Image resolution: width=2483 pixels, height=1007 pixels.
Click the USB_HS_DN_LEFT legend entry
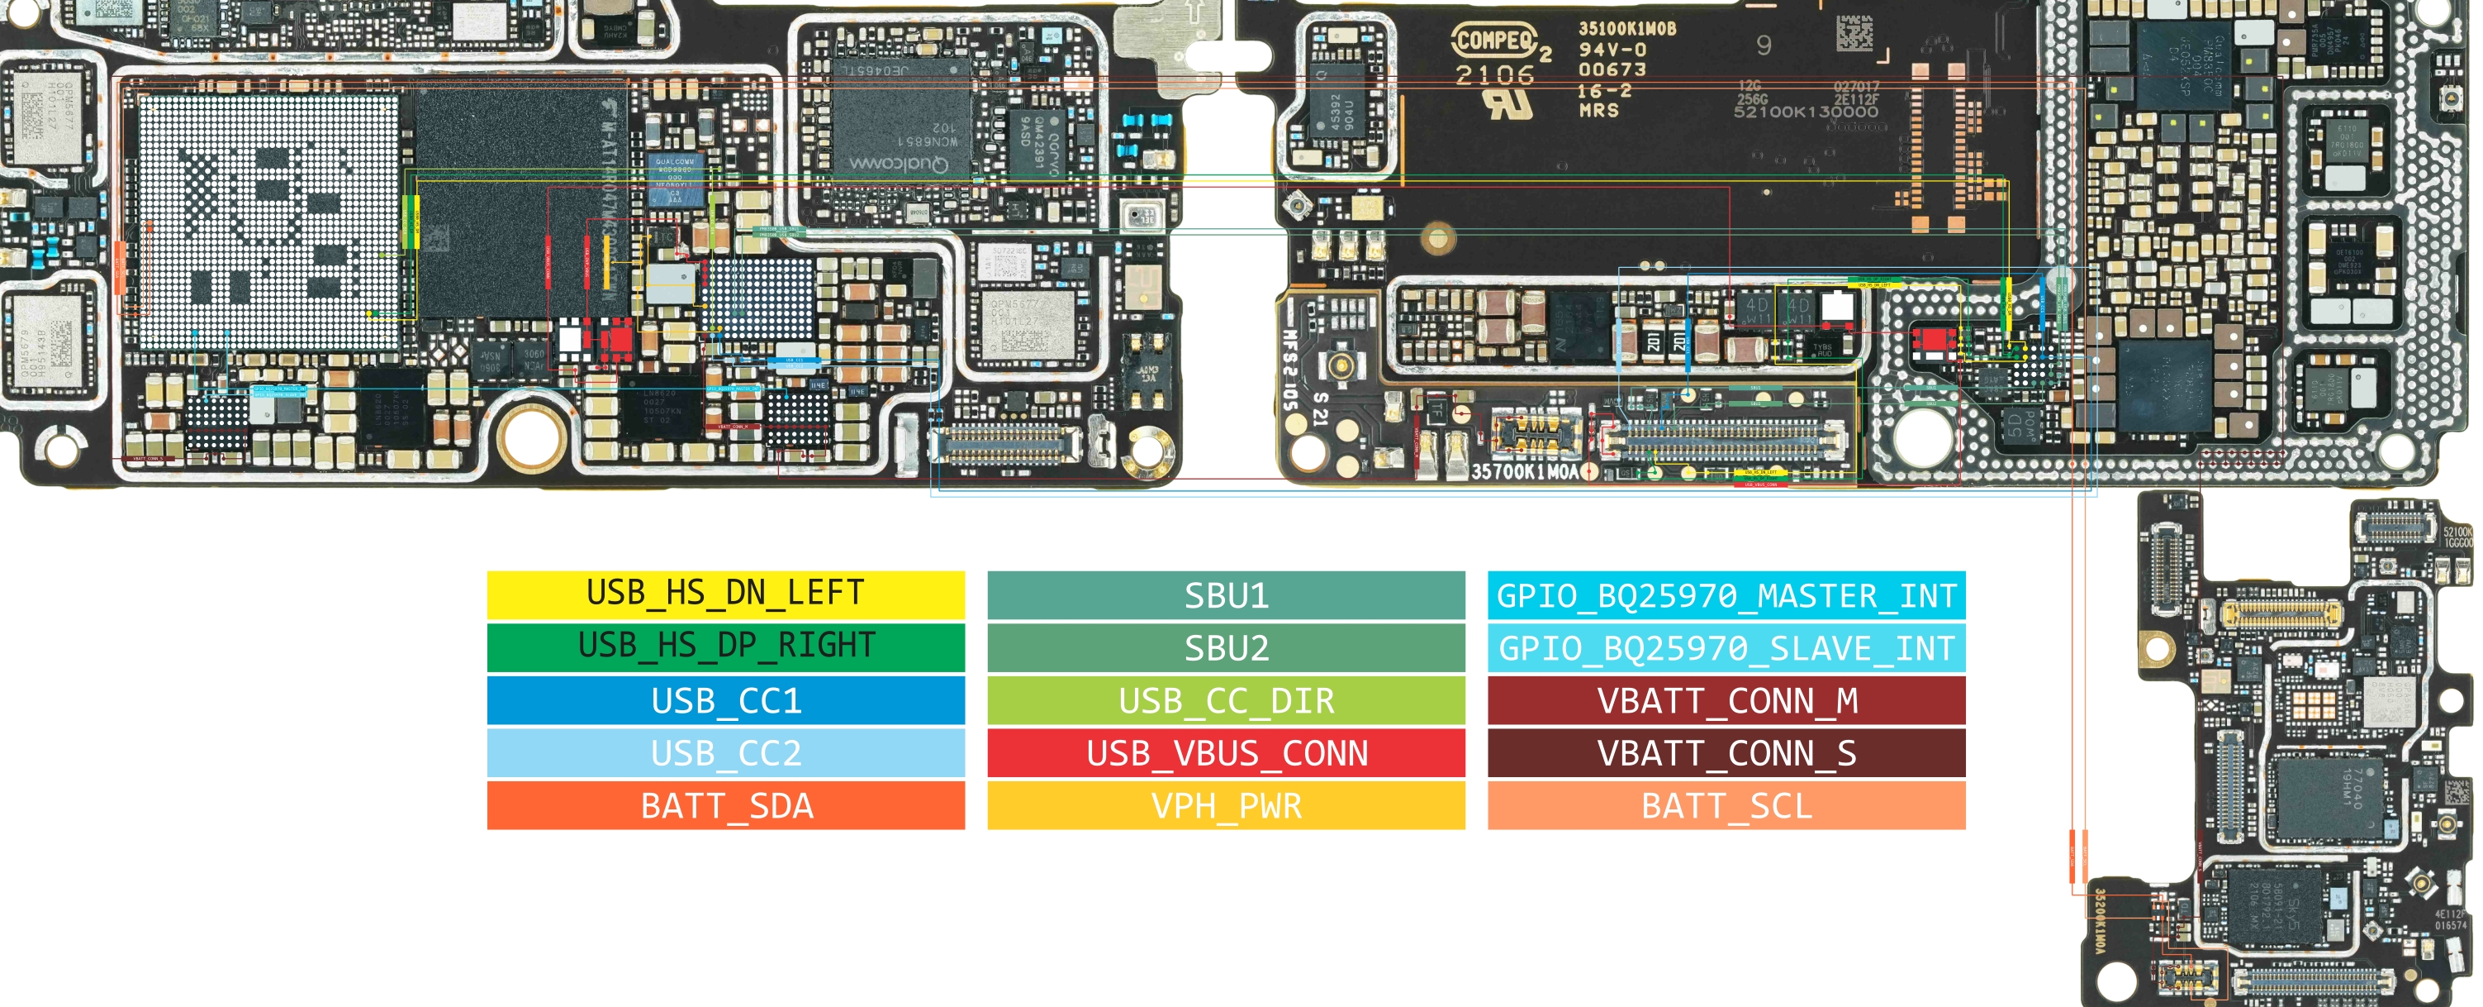725,594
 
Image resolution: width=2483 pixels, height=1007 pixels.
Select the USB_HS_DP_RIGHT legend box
725,647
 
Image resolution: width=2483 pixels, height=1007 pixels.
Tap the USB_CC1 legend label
725,699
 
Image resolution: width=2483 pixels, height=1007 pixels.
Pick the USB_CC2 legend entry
725,752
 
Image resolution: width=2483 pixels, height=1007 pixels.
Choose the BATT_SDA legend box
725,805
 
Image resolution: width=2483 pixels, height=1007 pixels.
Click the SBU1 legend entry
1225,595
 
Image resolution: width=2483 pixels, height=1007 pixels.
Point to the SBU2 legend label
1225,647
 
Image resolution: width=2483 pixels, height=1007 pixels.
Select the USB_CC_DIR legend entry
1225,700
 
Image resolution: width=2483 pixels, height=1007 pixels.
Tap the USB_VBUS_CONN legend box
1225,752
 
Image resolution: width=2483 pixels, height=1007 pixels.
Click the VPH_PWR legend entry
1225,805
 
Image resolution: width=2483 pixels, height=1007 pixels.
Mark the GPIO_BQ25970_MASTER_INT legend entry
1726,595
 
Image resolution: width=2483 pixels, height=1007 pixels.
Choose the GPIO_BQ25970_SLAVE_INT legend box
1726,647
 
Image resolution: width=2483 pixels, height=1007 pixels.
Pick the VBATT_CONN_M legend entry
1726,700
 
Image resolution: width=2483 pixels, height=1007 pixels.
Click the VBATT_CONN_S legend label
1726,752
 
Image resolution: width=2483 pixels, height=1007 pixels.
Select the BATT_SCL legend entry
1726,805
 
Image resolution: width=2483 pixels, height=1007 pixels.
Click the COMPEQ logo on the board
1494,41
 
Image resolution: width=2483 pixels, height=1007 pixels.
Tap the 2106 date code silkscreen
1494,75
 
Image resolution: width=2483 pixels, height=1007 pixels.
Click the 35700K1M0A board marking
1524,471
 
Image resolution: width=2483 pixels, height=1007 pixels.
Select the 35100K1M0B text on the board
1627,29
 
